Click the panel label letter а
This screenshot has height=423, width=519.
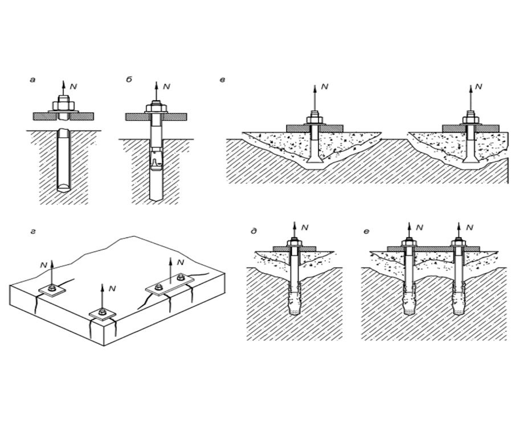32,80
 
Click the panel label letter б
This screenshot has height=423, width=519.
129,80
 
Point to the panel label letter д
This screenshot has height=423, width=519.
253,231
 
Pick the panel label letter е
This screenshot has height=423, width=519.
366,231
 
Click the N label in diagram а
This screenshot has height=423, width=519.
73,86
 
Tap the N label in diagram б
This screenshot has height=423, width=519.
166,87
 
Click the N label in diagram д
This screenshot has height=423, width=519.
305,228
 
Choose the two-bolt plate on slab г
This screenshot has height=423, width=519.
169,284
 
